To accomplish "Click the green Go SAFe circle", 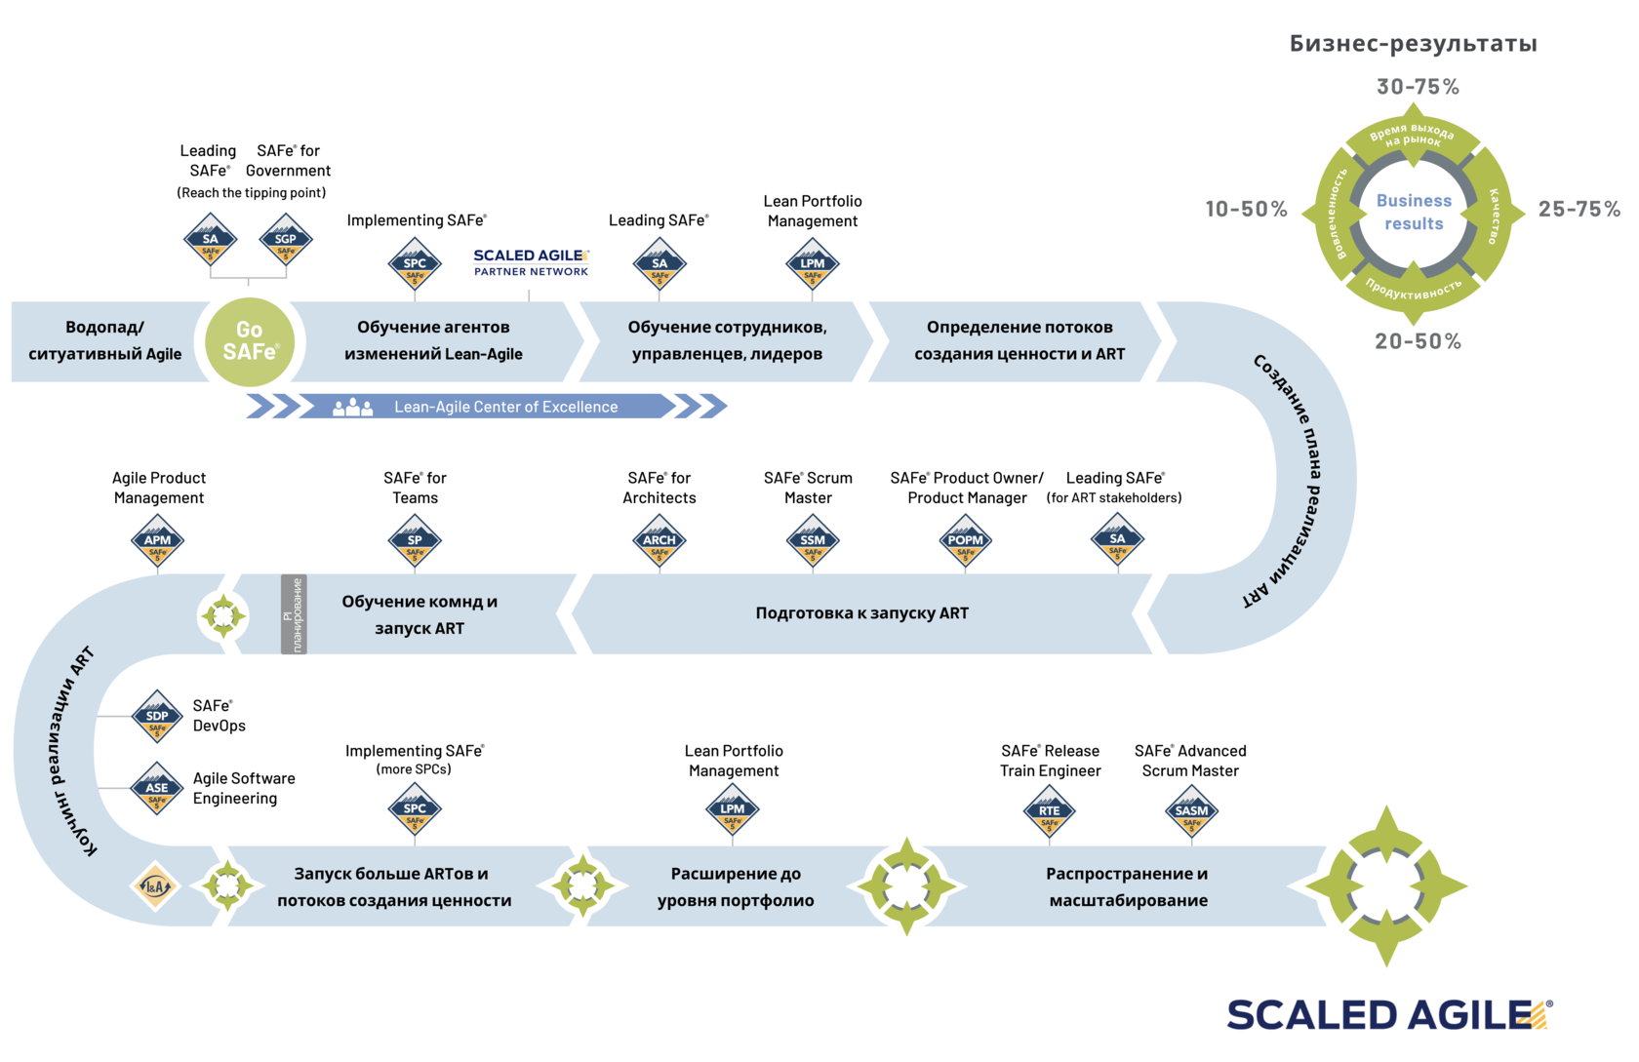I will [x=250, y=341].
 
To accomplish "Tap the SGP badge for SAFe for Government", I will [x=286, y=240].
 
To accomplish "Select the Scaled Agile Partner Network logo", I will [x=531, y=262].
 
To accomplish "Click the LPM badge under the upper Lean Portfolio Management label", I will [x=812, y=264].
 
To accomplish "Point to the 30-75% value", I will [x=1418, y=87].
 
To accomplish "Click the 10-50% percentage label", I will [x=1246, y=209].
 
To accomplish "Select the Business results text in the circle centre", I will [x=1414, y=212].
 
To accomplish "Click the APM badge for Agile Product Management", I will [x=157, y=541].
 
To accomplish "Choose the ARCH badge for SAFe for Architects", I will [x=660, y=541].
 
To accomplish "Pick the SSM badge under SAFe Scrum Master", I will [x=812, y=541].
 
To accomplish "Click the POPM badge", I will [x=966, y=541].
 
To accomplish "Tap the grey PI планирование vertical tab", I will [x=294, y=614].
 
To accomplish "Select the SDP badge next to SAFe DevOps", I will [x=157, y=717].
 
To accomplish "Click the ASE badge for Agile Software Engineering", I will [x=157, y=789].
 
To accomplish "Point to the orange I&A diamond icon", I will [x=155, y=886].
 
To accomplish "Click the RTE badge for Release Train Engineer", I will [x=1050, y=811].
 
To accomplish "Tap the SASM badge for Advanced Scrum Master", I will [x=1191, y=811].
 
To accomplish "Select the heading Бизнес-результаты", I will [x=1413, y=43].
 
